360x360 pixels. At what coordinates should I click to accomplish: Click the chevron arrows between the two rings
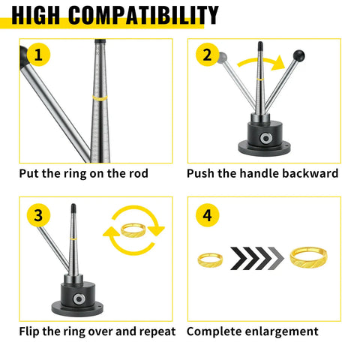(x=257, y=259)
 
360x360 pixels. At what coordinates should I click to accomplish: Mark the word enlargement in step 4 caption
(x=283, y=331)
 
